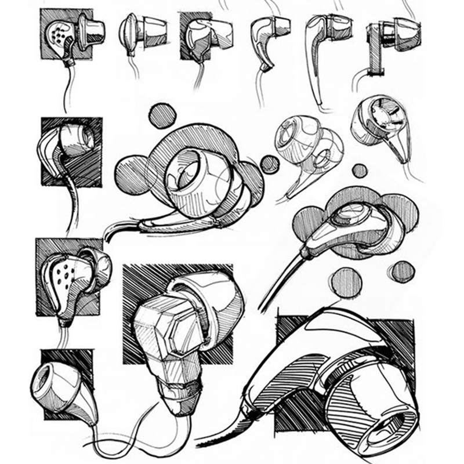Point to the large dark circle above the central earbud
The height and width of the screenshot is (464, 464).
162,116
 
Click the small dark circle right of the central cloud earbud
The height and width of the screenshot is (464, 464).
269,164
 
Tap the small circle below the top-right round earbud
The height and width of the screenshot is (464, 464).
360,171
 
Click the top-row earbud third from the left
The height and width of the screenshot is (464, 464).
200,38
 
